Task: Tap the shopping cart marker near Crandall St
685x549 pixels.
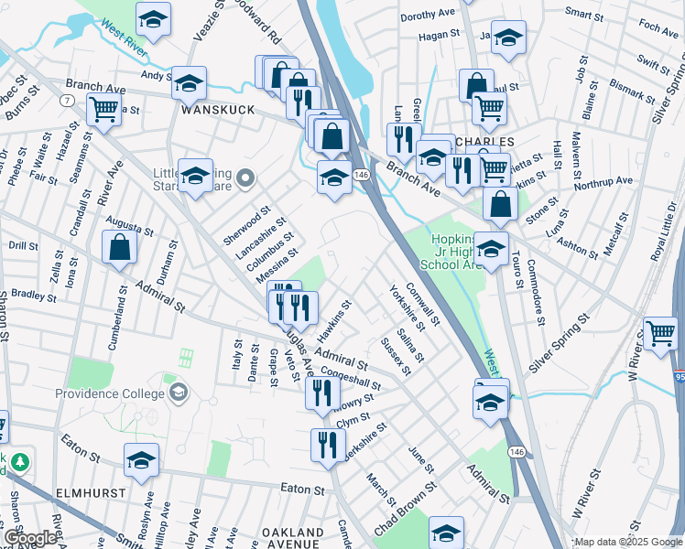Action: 104,111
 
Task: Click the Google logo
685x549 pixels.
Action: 30,538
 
